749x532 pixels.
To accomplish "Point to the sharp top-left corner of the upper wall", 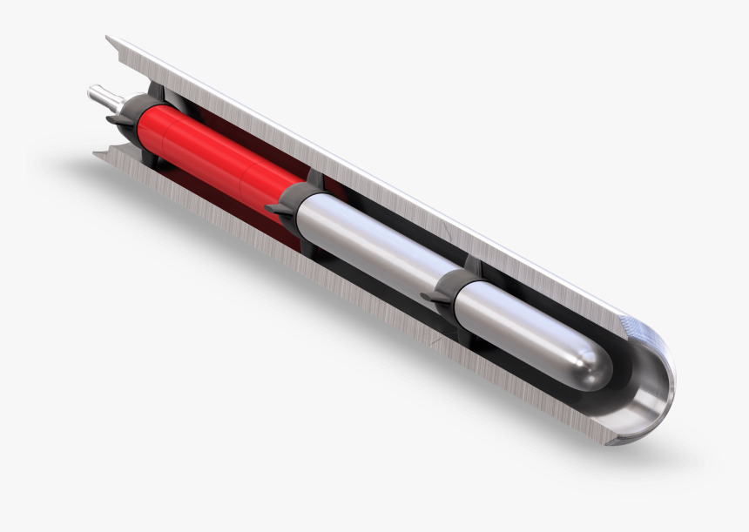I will [107, 37].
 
